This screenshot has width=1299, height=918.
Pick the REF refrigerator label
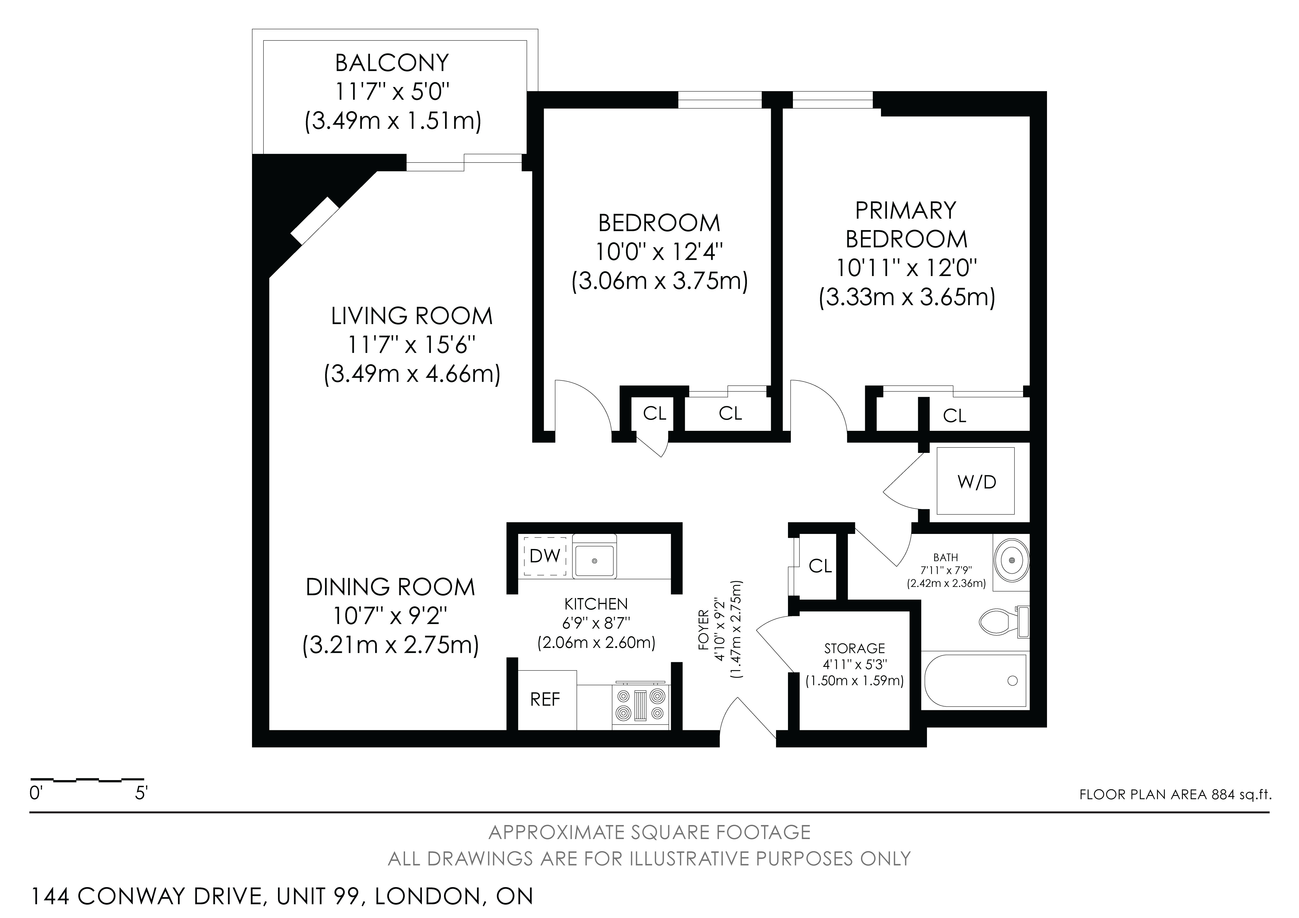(545, 700)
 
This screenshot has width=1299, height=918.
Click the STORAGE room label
(854, 648)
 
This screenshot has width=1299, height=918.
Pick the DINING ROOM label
(390, 587)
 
